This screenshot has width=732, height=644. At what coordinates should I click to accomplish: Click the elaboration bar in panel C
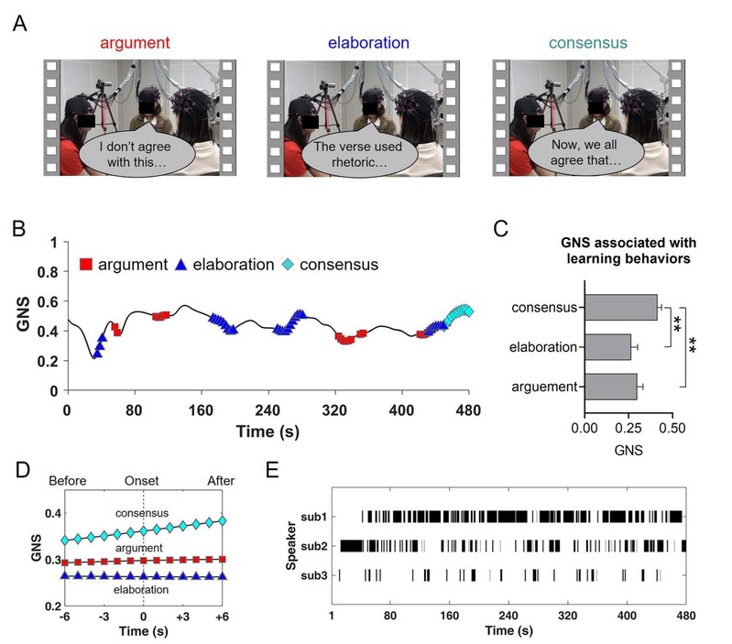point(607,347)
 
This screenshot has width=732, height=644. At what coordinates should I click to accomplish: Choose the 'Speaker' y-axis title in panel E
point(290,546)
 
